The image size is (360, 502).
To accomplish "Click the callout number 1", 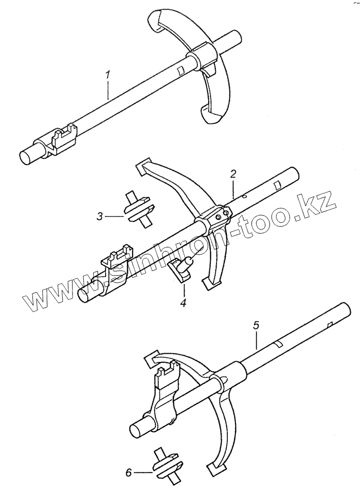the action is pyautogui.click(x=108, y=75).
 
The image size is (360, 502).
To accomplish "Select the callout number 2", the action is pyautogui.click(x=233, y=174).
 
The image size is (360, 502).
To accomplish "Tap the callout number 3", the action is pyautogui.click(x=100, y=217).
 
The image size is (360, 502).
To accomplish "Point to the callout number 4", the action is pyautogui.click(x=183, y=302).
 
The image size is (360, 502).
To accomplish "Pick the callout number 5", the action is pyautogui.click(x=256, y=326).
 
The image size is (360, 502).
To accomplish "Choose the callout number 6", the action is pyautogui.click(x=129, y=473).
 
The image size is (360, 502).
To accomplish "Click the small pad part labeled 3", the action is pyautogui.click(x=140, y=210).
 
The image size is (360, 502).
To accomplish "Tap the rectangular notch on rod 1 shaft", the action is pyautogui.click(x=181, y=70).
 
